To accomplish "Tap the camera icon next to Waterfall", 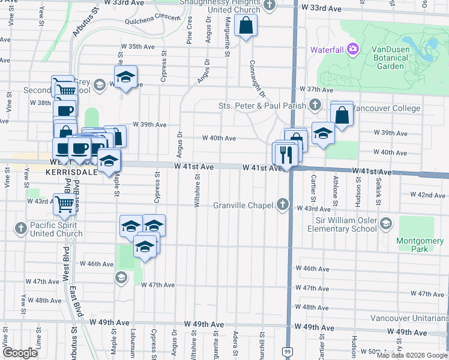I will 352,49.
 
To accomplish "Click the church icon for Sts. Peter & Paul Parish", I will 315,106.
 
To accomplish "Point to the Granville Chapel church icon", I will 283,205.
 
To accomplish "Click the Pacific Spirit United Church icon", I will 21,227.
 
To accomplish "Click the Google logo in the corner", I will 20,353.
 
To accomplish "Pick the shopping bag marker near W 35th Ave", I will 246,26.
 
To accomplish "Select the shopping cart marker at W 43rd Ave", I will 64,204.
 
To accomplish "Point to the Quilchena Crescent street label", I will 153,19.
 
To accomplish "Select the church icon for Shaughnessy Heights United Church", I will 270,5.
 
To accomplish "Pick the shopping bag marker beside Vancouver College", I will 342,115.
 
